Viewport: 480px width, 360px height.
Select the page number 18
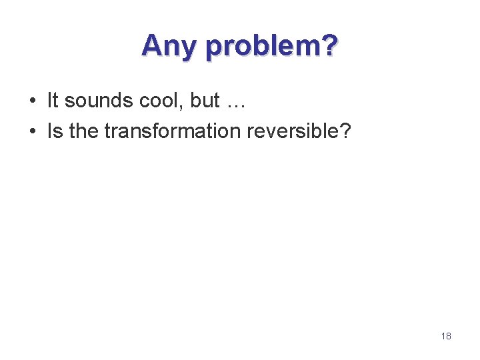tap(446, 336)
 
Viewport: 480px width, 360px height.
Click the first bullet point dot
tap(32, 101)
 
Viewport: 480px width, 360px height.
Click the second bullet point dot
tap(32, 131)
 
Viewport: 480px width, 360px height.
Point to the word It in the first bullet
tap(53, 100)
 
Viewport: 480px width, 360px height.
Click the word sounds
tap(93, 100)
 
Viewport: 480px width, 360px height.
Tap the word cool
tap(155, 100)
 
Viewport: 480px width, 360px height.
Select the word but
tap(205, 100)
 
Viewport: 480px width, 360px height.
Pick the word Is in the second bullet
tap(55, 131)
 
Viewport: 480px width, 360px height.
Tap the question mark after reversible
tap(344, 131)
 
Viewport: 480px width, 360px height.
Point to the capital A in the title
tap(151, 46)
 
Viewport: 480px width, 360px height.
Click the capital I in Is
tap(50, 131)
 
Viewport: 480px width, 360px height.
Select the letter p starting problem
tap(214, 48)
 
